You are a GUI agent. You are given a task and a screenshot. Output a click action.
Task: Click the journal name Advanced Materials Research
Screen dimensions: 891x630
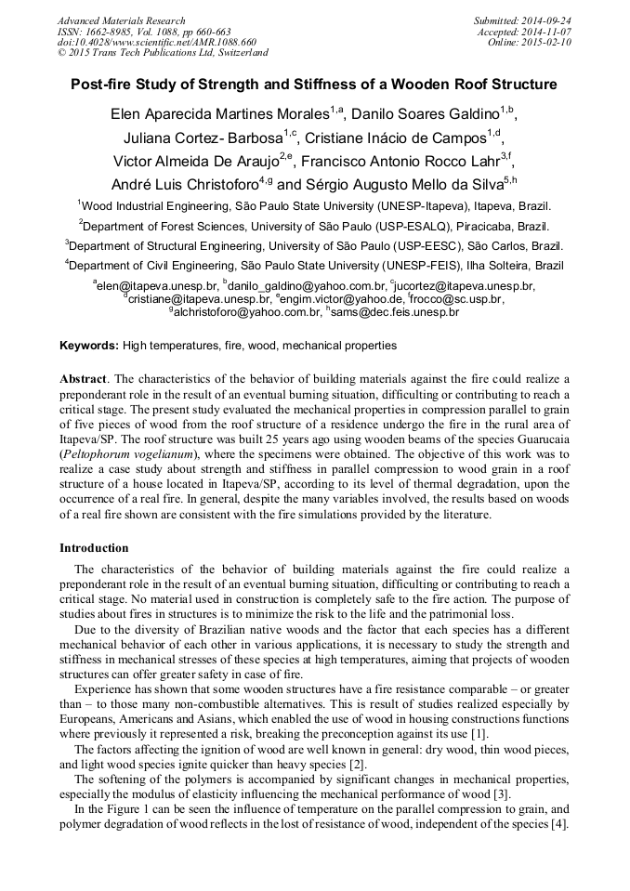(x=121, y=20)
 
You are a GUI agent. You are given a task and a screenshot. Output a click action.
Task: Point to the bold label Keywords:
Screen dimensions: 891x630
(x=89, y=346)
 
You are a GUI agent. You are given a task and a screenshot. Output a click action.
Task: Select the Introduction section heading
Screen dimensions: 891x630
(x=94, y=548)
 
